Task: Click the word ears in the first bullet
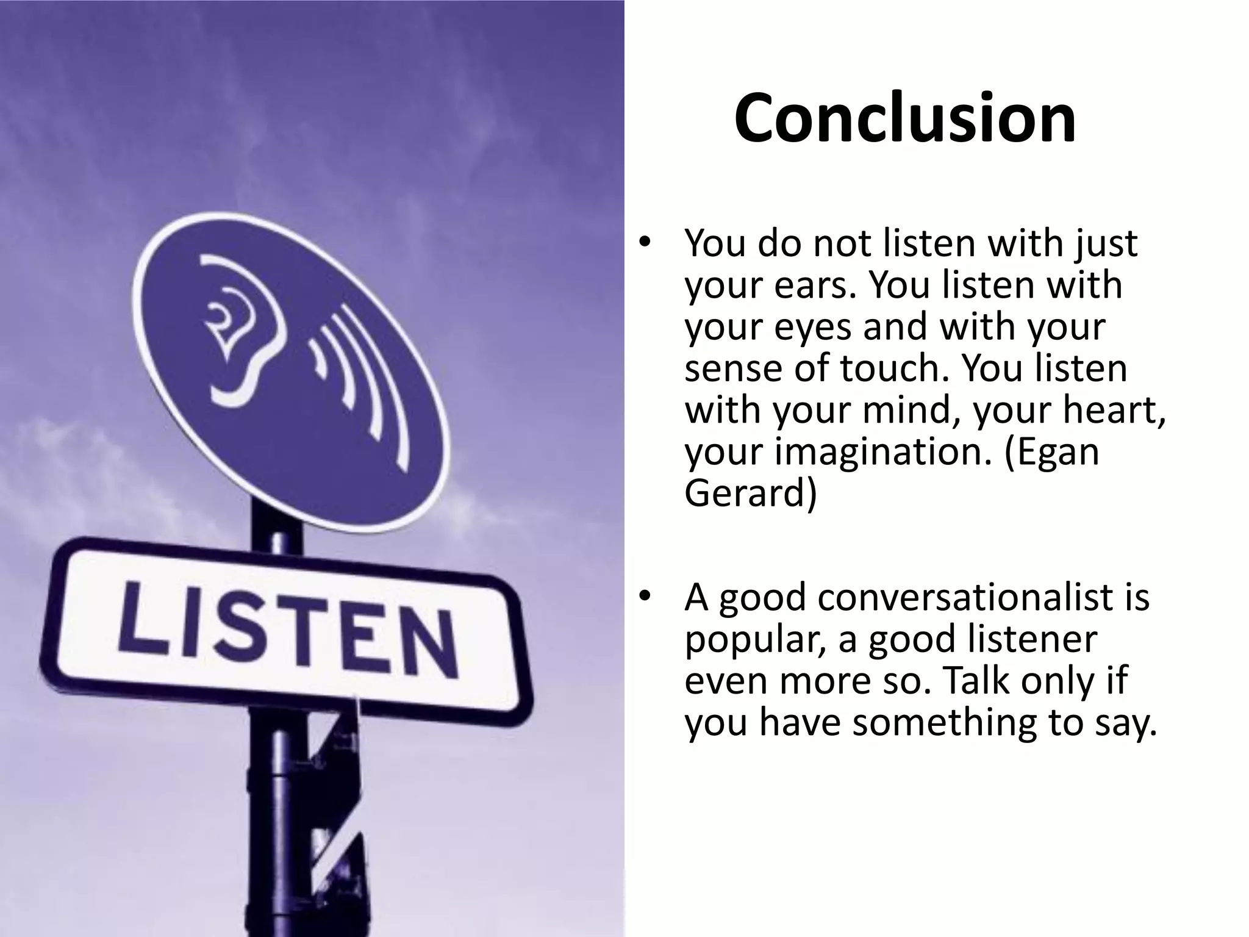(811, 285)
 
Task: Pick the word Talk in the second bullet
(970, 681)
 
